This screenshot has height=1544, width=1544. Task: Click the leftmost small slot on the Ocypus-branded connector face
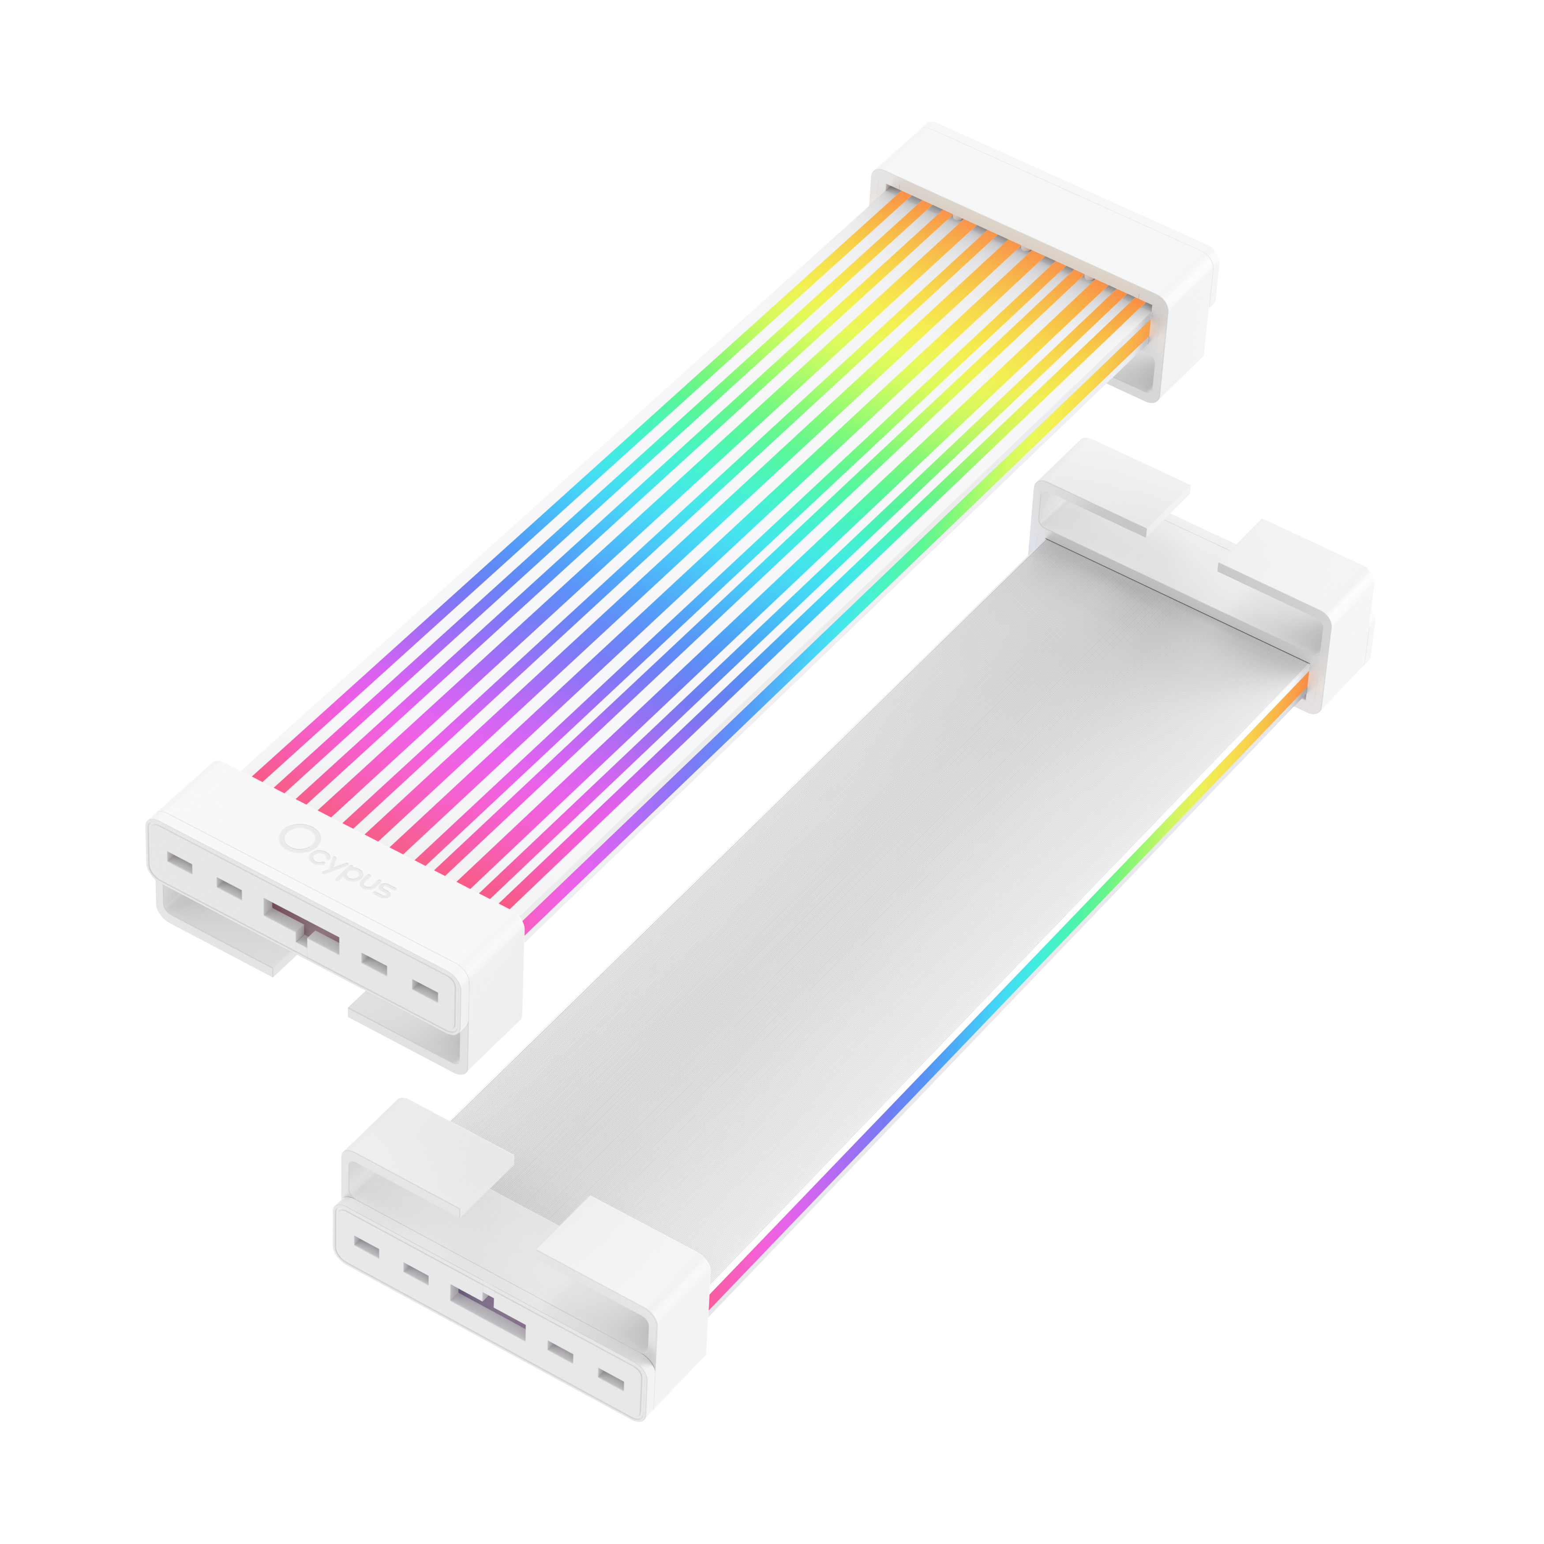point(180,863)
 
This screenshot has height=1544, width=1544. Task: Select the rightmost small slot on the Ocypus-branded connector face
point(425,992)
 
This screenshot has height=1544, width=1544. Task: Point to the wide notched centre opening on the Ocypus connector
point(301,927)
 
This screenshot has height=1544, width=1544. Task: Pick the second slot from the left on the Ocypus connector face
point(229,888)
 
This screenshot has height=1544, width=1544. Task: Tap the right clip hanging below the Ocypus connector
point(408,1031)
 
